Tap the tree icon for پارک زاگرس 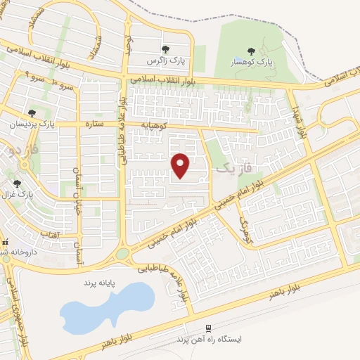[165, 49]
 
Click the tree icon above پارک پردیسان [32, 112]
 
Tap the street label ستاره [94, 125]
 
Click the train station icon [208, 328]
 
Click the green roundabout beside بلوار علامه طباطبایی [122, 253]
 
